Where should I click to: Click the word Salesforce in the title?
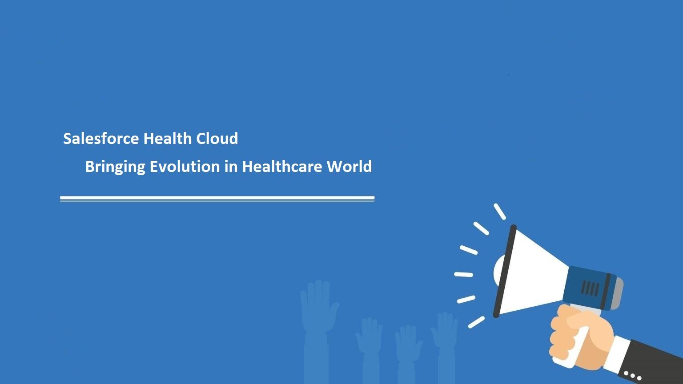(x=101, y=139)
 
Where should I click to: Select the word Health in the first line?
(x=167, y=139)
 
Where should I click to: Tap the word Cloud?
(x=217, y=139)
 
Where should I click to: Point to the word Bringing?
(x=115, y=167)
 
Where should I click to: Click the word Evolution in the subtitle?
(x=185, y=167)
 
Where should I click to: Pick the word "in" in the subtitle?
(x=231, y=167)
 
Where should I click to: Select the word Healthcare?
(x=282, y=167)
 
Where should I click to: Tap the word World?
(x=349, y=167)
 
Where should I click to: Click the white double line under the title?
(x=217, y=199)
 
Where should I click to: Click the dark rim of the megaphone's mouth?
(x=505, y=271)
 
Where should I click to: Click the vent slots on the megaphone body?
(x=591, y=288)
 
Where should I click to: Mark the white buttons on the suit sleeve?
(x=633, y=376)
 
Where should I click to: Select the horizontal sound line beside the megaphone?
(x=463, y=275)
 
